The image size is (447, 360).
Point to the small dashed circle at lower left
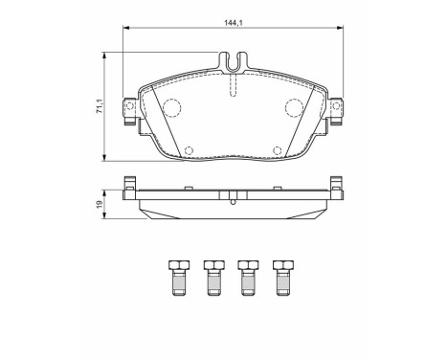tap(188, 148)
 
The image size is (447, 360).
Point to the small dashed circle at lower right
tap(277, 148)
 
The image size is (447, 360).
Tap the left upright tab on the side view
tap(131, 186)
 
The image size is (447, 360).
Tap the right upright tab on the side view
tap(334, 186)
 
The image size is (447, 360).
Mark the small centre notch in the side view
tap(233, 199)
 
